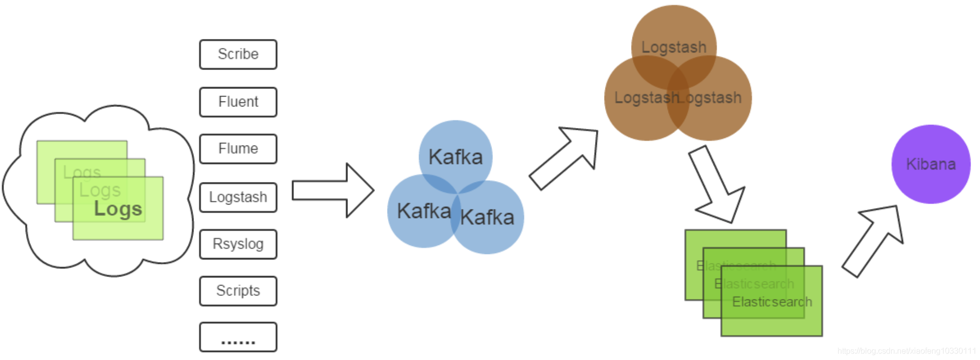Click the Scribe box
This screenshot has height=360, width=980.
tap(238, 54)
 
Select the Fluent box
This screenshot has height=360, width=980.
tap(238, 102)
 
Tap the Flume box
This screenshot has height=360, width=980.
tap(238, 148)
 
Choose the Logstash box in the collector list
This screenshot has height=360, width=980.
tap(238, 197)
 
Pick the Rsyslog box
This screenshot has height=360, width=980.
tap(238, 244)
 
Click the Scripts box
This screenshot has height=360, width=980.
tap(238, 290)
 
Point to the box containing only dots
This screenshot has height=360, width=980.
tap(238, 337)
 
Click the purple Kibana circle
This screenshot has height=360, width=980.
tap(930, 164)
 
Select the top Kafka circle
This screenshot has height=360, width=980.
tap(455, 152)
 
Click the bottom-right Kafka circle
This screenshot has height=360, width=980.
tap(490, 220)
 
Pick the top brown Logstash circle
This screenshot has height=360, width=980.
tap(673, 40)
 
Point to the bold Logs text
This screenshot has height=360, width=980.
tap(118, 208)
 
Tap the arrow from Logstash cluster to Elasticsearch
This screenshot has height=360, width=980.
tap(716, 185)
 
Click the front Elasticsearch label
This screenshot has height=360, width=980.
tap(771, 302)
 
